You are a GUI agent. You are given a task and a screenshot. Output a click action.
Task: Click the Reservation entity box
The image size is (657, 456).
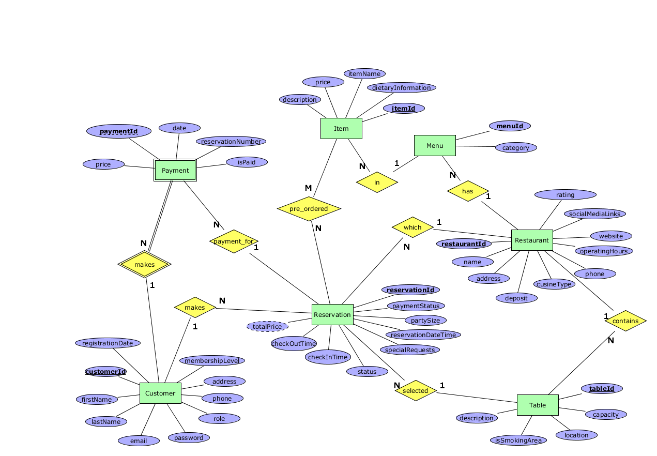point(332,314)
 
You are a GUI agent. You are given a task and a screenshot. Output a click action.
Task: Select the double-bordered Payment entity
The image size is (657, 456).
point(175,170)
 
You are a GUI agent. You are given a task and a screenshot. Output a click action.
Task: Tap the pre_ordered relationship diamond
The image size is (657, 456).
point(309,209)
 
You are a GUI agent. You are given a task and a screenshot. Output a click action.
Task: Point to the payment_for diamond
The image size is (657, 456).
point(234,241)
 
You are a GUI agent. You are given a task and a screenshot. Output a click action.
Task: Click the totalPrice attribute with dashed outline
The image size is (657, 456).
point(267,326)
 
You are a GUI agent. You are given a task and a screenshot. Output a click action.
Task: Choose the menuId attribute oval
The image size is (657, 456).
point(510,126)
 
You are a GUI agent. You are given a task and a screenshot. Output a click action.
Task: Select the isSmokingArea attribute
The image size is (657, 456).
point(518,440)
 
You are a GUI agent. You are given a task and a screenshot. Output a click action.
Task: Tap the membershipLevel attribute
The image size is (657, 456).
point(212,360)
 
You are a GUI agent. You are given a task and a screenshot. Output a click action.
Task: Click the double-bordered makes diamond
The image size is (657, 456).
point(144,264)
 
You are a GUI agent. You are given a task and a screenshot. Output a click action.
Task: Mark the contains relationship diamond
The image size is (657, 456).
point(625,321)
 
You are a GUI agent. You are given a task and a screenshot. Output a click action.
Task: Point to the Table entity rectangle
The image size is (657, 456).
point(538,405)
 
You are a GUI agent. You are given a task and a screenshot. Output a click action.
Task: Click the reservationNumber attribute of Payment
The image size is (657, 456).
point(231,141)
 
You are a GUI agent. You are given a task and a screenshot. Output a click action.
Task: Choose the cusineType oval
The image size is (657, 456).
point(554,284)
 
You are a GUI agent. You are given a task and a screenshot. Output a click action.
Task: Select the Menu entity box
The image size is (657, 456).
point(435,145)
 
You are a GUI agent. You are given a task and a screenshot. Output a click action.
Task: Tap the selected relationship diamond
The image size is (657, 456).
point(415,390)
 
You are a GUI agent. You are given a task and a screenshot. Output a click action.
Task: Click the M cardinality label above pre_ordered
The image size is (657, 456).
point(308,188)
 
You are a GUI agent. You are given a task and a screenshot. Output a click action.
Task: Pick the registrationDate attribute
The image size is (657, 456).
point(108,343)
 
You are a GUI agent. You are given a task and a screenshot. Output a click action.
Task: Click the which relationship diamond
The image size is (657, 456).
point(412,227)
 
